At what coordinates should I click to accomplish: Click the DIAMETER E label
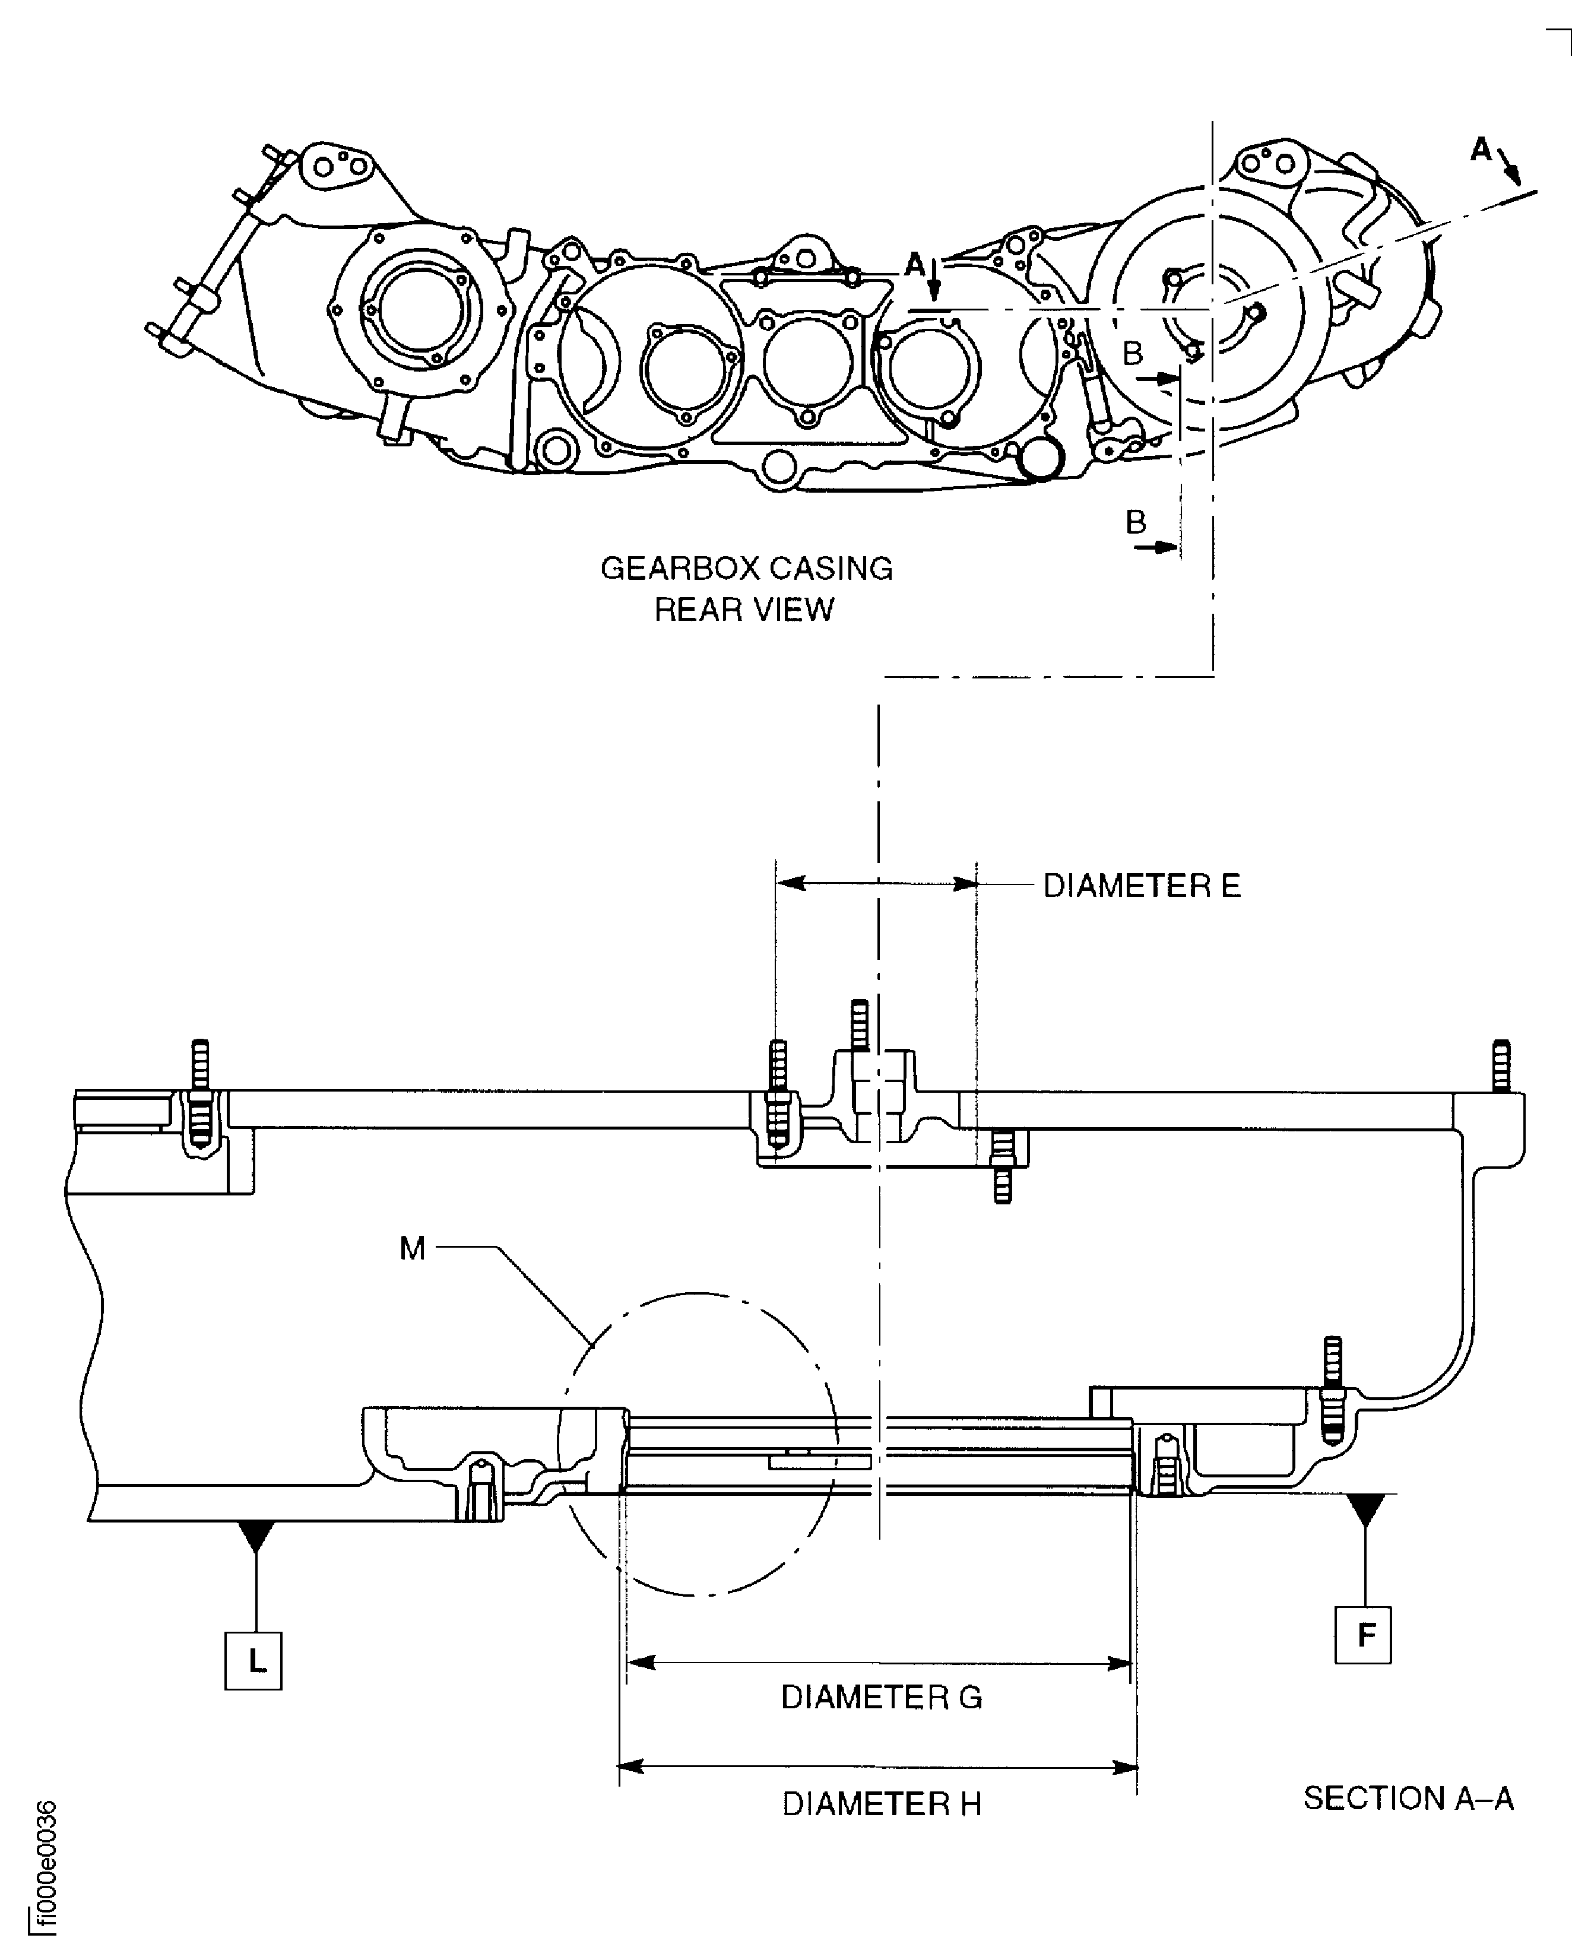(x=1141, y=886)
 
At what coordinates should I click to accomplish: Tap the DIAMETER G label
(x=881, y=1698)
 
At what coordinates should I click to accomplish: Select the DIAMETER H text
(x=881, y=1804)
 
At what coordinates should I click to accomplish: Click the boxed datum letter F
(x=1364, y=1635)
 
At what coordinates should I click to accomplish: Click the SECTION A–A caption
(x=1408, y=1799)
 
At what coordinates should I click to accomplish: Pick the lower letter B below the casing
(x=1136, y=522)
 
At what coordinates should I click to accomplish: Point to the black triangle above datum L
(x=256, y=1536)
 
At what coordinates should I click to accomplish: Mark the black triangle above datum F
(x=1365, y=1508)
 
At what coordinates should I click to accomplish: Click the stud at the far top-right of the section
(x=1500, y=1065)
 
